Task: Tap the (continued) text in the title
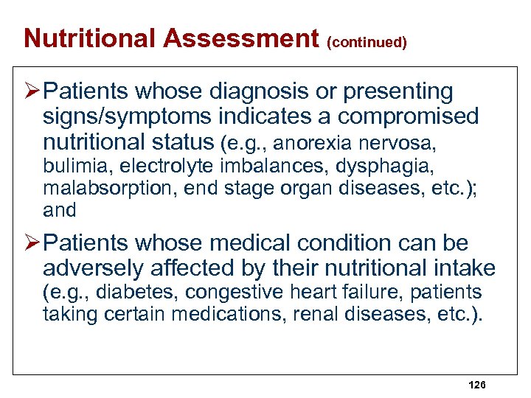pos(366,42)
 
